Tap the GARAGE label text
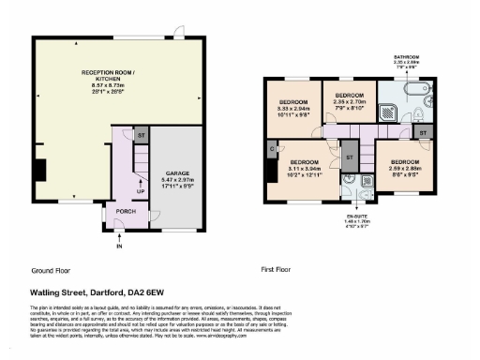pos(175,179)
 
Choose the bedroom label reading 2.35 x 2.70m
pos(349,100)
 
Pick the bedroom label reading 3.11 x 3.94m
pos(305,168)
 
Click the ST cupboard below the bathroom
pos(423,133)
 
